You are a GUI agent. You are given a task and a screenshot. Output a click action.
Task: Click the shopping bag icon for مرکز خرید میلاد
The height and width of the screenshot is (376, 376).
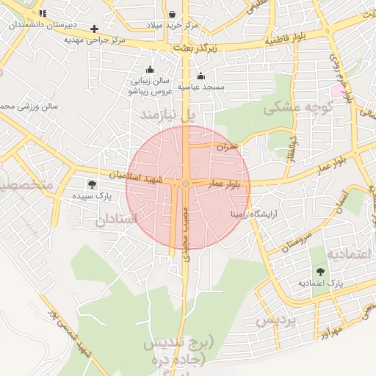click(172, 14)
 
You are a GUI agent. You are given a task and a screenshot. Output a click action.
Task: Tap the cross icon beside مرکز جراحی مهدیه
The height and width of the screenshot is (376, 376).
click(94, 29)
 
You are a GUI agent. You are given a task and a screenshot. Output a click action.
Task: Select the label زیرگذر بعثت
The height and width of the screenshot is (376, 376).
click(198, 47)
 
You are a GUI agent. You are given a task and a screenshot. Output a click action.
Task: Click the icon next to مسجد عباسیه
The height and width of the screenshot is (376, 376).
click(201, 76)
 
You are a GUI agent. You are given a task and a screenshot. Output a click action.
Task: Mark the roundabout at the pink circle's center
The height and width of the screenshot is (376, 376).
click(187, 183)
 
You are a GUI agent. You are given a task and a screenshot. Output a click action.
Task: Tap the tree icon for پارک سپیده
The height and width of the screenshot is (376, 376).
click(92, 184)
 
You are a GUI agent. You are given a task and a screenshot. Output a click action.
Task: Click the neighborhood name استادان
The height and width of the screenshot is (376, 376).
click(116, 219)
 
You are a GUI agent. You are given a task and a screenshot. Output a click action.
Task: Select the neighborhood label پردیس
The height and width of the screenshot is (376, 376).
click(276, 320)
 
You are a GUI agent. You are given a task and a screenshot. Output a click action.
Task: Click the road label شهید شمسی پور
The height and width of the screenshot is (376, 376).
click(65, 335)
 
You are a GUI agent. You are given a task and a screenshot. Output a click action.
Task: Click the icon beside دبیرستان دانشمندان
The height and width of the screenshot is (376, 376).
click(43, 13)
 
